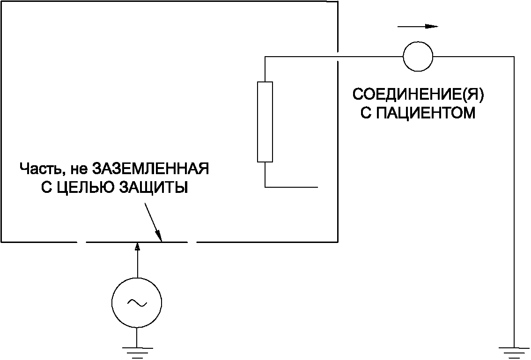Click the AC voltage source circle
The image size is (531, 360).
pos(137,303)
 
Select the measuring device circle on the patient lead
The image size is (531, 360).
pos(418,57)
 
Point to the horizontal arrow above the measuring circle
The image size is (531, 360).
pos(418,27)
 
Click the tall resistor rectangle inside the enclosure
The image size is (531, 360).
pos(265,122)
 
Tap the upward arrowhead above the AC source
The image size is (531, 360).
pos(137,247)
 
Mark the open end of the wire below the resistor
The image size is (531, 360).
pos(318,187)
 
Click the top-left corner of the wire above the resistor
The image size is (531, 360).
pos(265,57)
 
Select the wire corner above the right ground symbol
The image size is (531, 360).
pos(514,57)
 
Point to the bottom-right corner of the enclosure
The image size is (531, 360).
pos(338,242)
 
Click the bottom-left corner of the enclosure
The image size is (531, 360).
pos(1,242)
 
